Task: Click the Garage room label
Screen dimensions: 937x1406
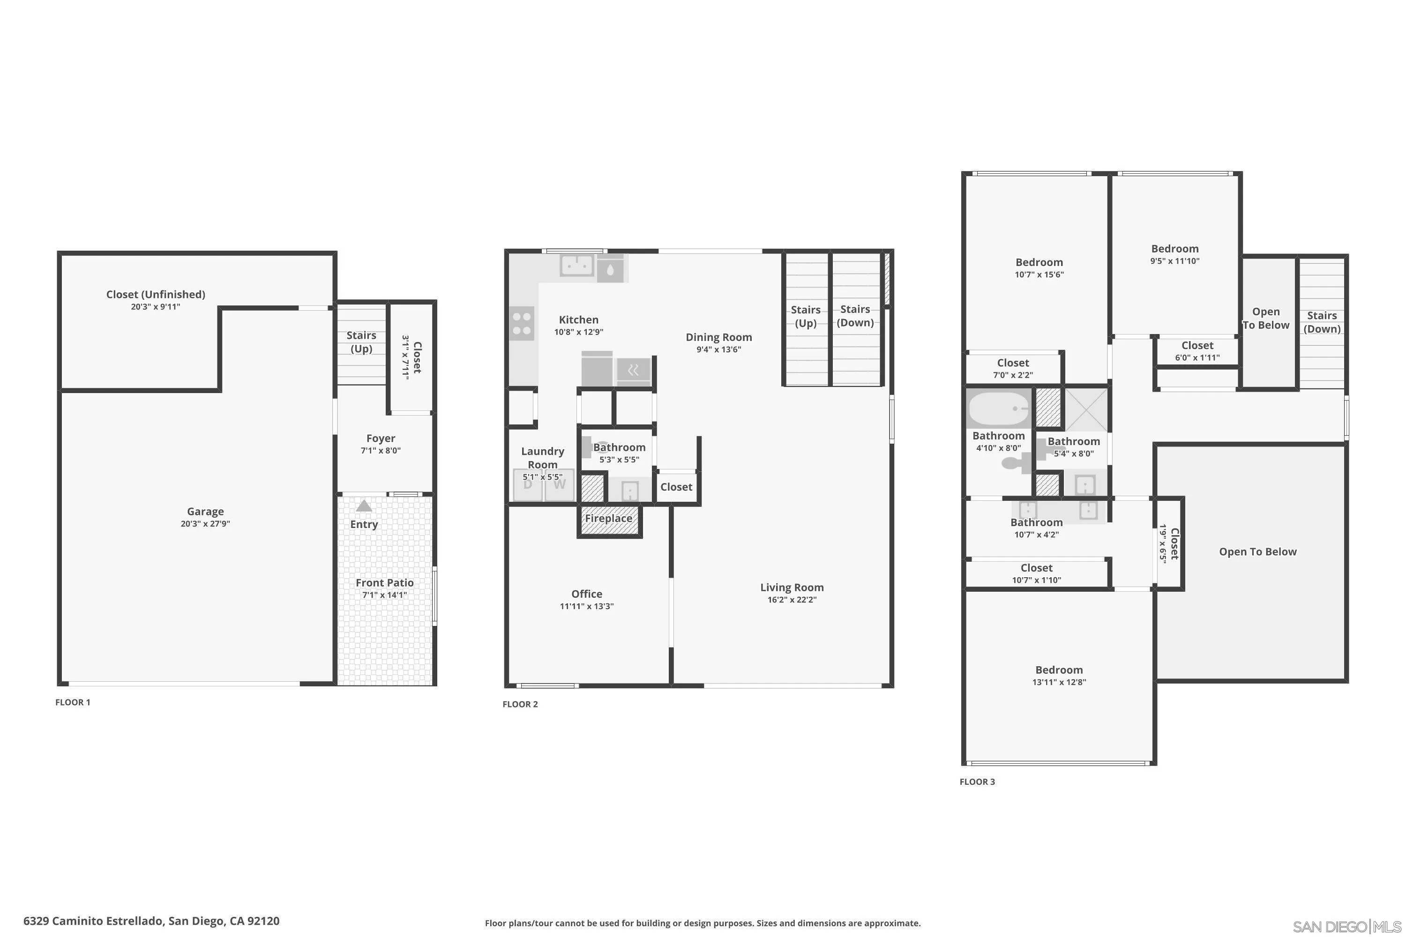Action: tap(205, 512)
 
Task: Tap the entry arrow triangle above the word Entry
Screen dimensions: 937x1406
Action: tap(364, 506)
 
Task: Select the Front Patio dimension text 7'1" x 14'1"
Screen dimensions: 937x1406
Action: tap(384, 595)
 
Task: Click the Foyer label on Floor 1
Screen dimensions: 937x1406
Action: tap(380, 439)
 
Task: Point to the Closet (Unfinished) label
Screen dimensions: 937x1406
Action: tap(156, 295)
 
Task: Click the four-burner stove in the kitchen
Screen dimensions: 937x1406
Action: tap(521, 324)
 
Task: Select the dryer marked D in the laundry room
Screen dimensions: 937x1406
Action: tap(528, 484)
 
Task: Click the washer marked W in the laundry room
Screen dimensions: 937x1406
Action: tap(559, 484)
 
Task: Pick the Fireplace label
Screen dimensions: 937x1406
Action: tap(608, 519)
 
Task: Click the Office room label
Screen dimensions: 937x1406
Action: tap(586, 594)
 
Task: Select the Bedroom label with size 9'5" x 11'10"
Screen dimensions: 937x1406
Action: tap(1174, 249)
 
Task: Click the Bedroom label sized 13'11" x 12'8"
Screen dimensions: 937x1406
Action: tap(1059, 670)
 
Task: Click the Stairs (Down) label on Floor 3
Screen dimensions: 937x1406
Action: tap(1321, 322)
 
